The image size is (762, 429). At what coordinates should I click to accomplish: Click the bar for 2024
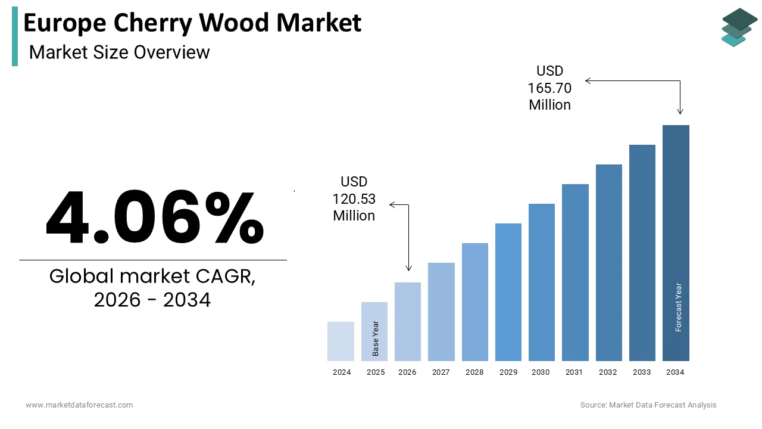pyautogui.click(x=341, y=341)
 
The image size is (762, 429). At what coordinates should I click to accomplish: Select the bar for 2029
pyautogui.click(x=508, y=292)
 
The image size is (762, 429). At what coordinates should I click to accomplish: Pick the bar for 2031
pyautogui.click(x=575, y=272)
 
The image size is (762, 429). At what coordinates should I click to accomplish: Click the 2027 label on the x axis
pyautogui.click(x=441, y=372)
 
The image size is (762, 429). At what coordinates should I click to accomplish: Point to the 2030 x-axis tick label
pyautogui.click(x=541, y=372)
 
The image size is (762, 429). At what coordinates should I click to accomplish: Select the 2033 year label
pyautogui.click(x=642, y=372)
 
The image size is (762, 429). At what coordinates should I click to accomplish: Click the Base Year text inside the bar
pyautogui.click(x=376, y=338)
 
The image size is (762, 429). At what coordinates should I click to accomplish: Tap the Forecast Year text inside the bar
pyautogui.click(x=678, y=307)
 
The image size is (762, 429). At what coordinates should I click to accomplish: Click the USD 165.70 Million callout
pyautogui.click(x=549, y=88)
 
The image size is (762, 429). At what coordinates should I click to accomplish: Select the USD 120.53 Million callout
pyautogui.click(x=354, y=199)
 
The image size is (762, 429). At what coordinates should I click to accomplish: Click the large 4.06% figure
pyautogui.click(x=155, y=218)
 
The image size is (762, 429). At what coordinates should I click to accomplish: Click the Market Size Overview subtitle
pyautogui.click(x=119, y=52)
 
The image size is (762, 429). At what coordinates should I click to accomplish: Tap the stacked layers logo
pyautogui.click(x=739, y=27)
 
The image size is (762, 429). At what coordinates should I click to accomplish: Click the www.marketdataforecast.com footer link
pyautogui.click(x=79, y=405)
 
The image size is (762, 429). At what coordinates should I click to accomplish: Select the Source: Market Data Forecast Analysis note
pyautogui.click(x=648, y=405)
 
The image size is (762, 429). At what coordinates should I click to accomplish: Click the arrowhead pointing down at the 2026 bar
pyautogui.click(x=408, y=268)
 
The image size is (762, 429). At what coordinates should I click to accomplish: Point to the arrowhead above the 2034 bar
pyautogui.click(x=680, y=111)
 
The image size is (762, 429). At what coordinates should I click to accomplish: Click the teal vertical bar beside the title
pyautogui.click(x=15, y=37)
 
